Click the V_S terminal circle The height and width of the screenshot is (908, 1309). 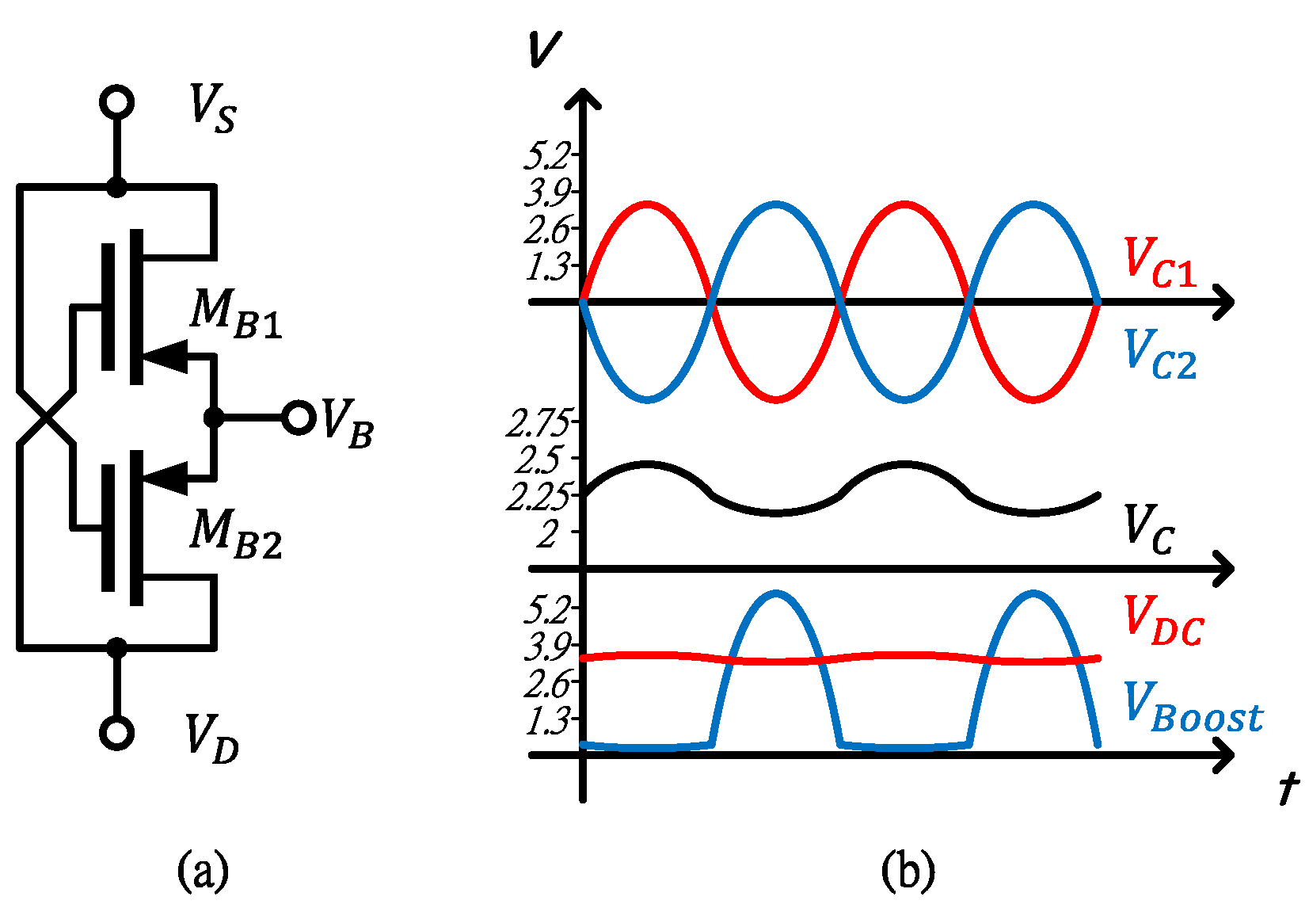click(116, 102)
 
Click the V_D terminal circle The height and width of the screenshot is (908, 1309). click(116, 733)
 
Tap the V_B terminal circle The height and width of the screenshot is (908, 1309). click(299, 417)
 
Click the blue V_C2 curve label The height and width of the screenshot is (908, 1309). click(1159, 354)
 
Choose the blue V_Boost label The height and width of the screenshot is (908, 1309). click(1193, 708)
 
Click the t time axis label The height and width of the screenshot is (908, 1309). click(1289, 789)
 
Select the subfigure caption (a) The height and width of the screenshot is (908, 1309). click(204, 870)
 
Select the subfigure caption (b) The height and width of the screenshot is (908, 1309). click(908, 870)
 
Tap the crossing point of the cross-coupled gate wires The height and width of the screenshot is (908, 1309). click(46, 417)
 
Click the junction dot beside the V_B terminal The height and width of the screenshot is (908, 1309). click(213, 417)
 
